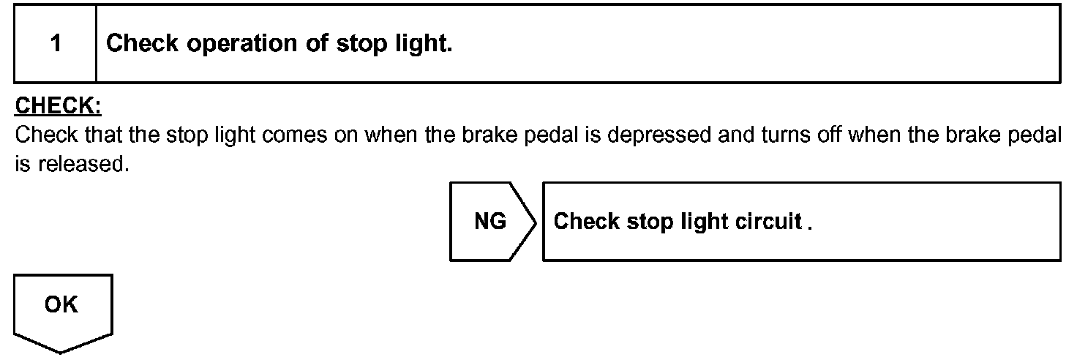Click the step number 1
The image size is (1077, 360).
pyautogui.click(x=56, y=44)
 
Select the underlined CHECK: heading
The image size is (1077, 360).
pyautogui.click(x=58, y=107)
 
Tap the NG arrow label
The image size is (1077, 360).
pyautogui.click(x=490, y=222)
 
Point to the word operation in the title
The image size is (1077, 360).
pyautogui.click(x=243, y=44)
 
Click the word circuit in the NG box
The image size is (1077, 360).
pyautogui.click(x=768, y=222)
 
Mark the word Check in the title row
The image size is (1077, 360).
pyautogui.click(x=143, y=44)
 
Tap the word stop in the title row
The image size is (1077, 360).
pyautogui.click(x=360, y=44)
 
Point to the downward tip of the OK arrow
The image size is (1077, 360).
pyautogui.click(x=61, y=352)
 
